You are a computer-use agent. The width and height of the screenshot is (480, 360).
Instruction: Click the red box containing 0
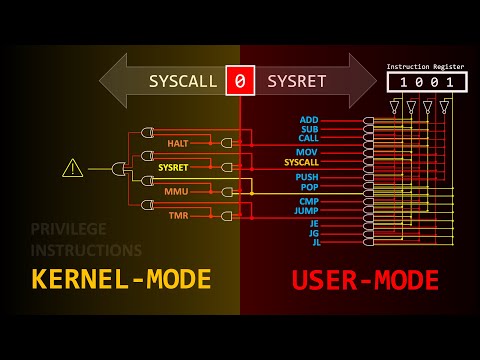[240, 80]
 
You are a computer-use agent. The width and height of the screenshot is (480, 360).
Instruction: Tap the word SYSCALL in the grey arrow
[183, 81]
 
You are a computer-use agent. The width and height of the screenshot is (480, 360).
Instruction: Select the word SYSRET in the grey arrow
[297, 81]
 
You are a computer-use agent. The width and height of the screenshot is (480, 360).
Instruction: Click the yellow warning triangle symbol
[73, 168]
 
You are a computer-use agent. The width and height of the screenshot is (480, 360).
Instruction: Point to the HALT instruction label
[178, 143]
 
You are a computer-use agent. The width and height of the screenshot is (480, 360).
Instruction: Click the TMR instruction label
[178, 214]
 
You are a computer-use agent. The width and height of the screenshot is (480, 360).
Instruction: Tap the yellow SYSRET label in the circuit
[173, 167]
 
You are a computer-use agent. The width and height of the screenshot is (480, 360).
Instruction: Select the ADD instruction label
[309, 120]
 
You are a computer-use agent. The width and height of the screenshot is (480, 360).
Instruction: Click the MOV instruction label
[308, 152]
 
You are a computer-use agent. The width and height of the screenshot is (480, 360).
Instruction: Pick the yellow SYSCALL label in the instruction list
[301, 162]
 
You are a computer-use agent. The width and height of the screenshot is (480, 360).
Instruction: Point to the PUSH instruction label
[307, 177]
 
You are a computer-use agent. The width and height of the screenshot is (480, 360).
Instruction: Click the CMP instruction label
[308, 201]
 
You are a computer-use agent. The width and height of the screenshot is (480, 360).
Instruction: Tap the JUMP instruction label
[306, 211]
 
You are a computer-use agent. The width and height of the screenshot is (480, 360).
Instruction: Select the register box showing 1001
[427, 82]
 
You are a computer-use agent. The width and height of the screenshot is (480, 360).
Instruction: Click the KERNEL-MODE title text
[121, 280]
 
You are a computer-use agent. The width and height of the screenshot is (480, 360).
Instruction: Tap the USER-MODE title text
[365, 280]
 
